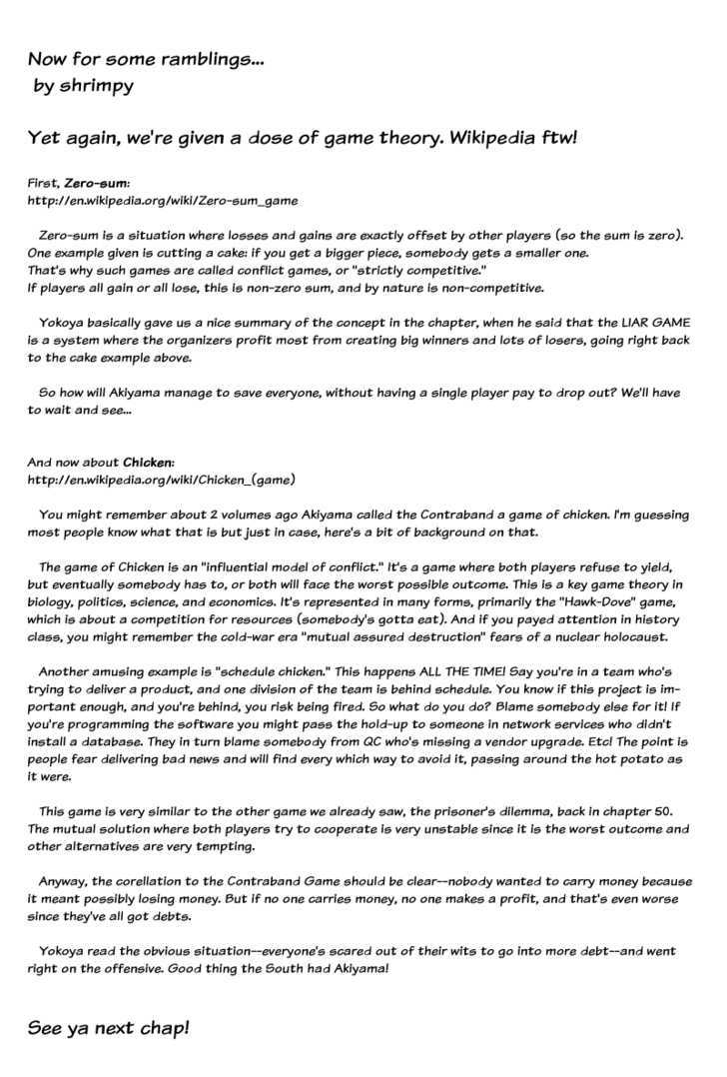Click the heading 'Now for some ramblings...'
pyautogui.click(x=146, y=60)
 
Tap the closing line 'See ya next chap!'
pyautogui.click(x=108, y=1029)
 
